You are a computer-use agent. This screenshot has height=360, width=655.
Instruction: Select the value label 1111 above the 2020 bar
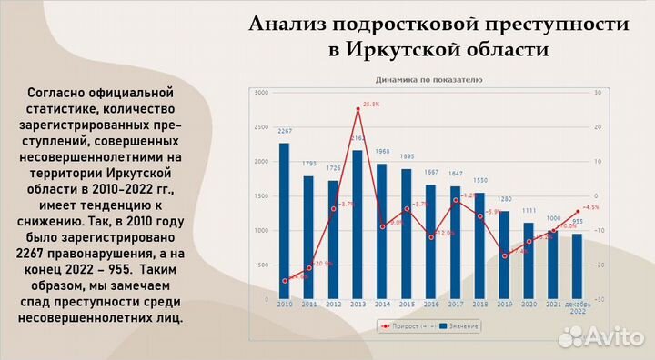529,213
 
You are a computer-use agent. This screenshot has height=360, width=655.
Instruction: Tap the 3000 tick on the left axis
261,93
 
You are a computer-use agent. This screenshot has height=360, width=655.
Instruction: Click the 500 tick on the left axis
263,265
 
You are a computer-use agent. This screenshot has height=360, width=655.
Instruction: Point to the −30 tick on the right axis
598,299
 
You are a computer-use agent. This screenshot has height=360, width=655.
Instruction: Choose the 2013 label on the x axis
358,305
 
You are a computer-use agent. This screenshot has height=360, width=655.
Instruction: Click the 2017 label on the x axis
456,305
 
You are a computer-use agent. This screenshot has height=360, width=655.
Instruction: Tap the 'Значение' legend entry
459,325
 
